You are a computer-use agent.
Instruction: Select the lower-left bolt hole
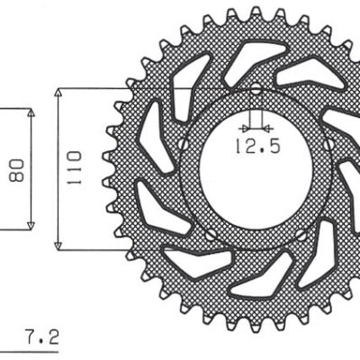point(212,235)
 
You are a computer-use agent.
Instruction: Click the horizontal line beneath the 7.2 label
point(36,350)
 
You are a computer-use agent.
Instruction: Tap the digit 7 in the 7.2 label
point(30,338)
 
